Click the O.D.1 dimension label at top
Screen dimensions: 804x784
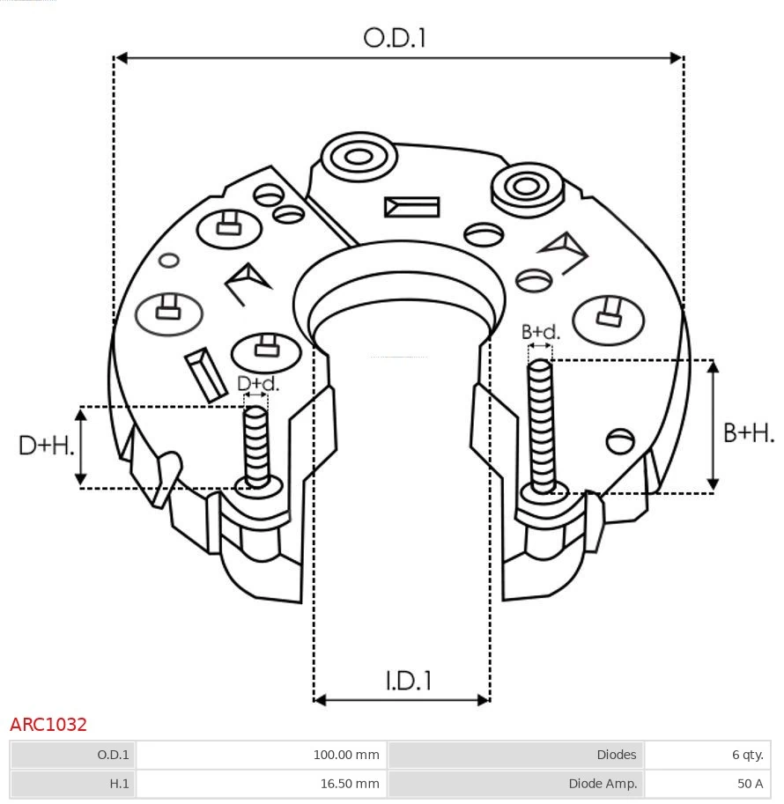[x=395, y=38]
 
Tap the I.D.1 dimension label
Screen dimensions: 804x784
[x=408, y=681]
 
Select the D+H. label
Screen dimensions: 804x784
[x=46, y=446]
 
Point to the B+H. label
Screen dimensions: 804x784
[x=749, y=432]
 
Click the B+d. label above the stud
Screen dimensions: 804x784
[x=540, y=332]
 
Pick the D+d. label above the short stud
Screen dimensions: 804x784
[x=257, y=384]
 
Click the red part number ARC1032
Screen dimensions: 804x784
[x=48, y=725]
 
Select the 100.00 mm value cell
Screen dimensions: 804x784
[x=346, y=755]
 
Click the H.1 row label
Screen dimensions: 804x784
[x=119, y=783]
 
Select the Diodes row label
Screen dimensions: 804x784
[x=616, y=755]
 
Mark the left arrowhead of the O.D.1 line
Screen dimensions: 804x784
[x=122, y=58]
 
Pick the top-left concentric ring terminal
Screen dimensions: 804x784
[x=359, y=159]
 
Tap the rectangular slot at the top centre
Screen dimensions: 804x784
[x=411, y=207]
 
